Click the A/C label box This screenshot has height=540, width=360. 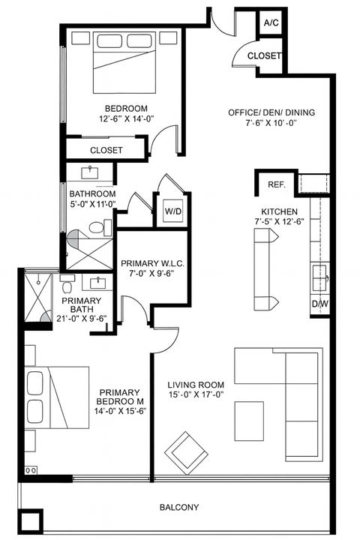tap(271, 23)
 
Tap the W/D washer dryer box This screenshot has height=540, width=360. tap(172, 212)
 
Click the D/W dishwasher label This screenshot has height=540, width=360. tap(320, 304)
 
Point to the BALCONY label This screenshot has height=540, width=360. tap(179, 508)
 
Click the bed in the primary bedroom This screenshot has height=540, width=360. tap(57, 397)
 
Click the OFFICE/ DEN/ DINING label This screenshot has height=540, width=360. tap(271, 113)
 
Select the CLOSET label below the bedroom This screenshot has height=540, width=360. tap(106, 150)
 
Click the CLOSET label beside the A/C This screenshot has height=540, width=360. tap(264, 55)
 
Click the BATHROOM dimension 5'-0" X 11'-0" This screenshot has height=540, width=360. tap(89, 205)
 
